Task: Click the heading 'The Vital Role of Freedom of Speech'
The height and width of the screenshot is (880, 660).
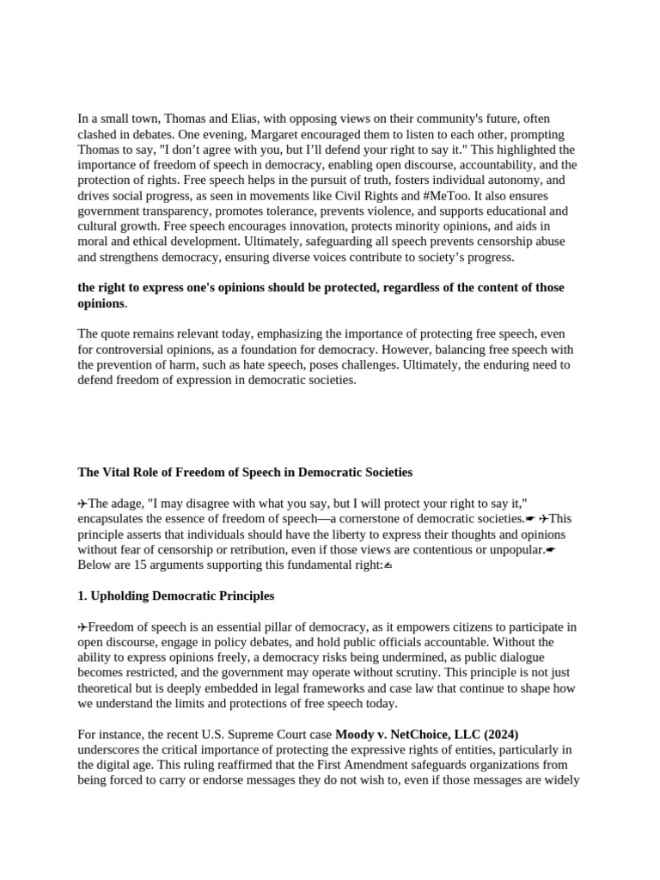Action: (x=245, y=472)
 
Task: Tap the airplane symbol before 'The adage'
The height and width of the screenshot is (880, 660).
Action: (x=82, y=504)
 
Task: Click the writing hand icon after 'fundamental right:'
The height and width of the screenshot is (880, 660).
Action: (x=388, y=565)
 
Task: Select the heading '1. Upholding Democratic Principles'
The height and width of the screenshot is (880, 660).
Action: (x=176, y=596)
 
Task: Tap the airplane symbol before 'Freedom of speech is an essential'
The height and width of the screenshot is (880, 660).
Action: (x=82, y=626)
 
